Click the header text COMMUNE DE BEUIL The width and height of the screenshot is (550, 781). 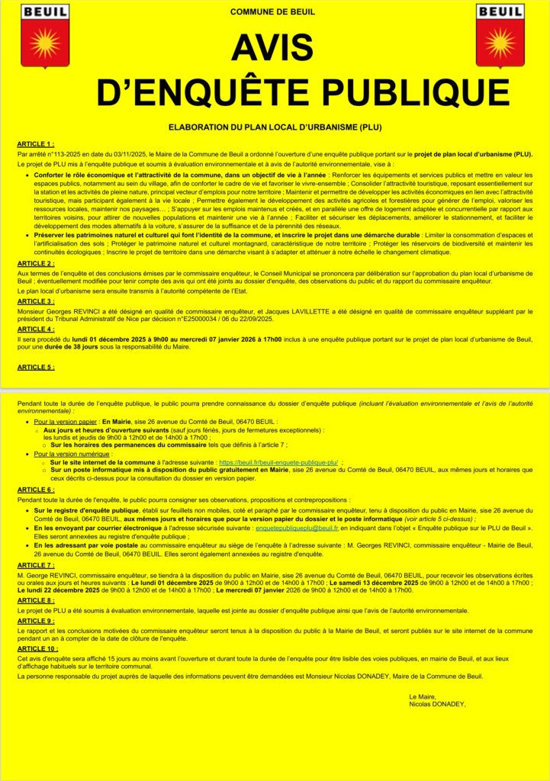(272, 12)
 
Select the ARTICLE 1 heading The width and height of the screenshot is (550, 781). (36, 143)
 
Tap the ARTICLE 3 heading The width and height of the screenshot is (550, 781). (36, 301)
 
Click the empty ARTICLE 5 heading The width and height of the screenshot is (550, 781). (36, 367)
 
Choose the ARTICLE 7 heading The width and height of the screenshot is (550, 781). (36, 565)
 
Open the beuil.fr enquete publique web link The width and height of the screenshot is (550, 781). (278, 462)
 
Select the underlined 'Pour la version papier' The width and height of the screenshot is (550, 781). (66, 421)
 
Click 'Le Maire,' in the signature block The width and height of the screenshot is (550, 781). (421, 696)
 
